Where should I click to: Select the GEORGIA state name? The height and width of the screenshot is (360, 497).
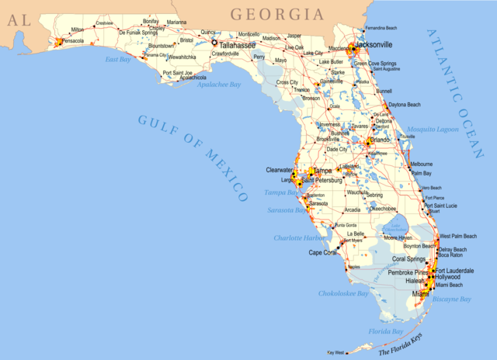[276, 14]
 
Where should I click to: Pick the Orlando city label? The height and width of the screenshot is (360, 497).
[381, 140]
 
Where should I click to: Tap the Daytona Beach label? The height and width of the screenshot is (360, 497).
[405, 105]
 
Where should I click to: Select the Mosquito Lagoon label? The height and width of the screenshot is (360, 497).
[433, 130]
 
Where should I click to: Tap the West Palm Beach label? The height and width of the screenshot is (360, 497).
[458, 236]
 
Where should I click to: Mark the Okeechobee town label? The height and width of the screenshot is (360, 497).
[383, 209]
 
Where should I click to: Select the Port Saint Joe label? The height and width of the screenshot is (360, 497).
[177, 73]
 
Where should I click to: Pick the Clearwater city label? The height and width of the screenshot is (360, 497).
[280, 169]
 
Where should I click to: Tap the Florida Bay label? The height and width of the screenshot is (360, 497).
[386, 331]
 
